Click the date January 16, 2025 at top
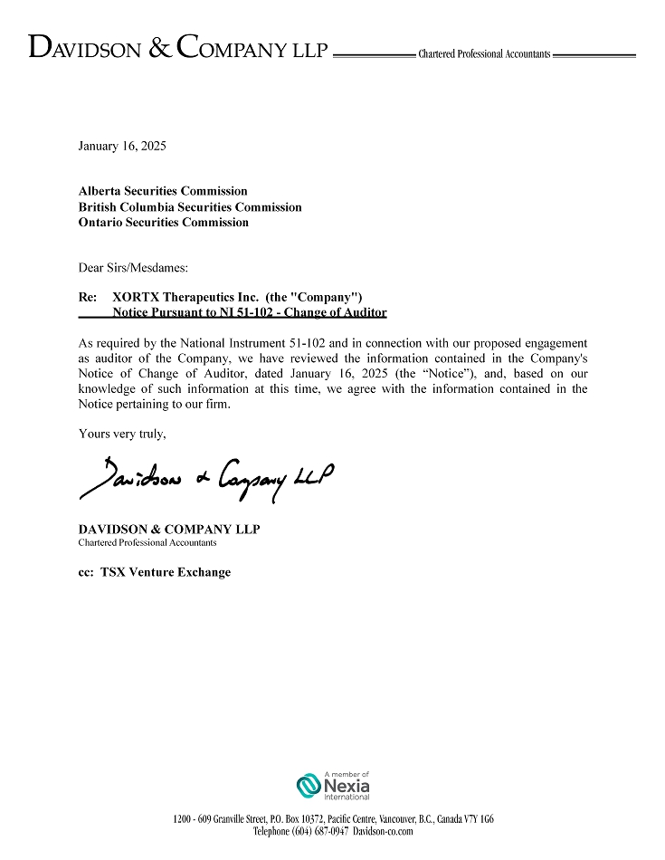pos(122,145)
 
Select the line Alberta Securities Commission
pos(163,191)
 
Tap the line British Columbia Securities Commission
pos(190,206)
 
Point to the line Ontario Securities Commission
pos(163,222)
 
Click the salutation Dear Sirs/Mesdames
pos(133,267)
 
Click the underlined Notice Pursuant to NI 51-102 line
pos(249,312)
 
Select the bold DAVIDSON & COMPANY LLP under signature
pos(169,529)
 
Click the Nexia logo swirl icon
pos(309,786)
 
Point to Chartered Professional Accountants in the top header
pos(484,54)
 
